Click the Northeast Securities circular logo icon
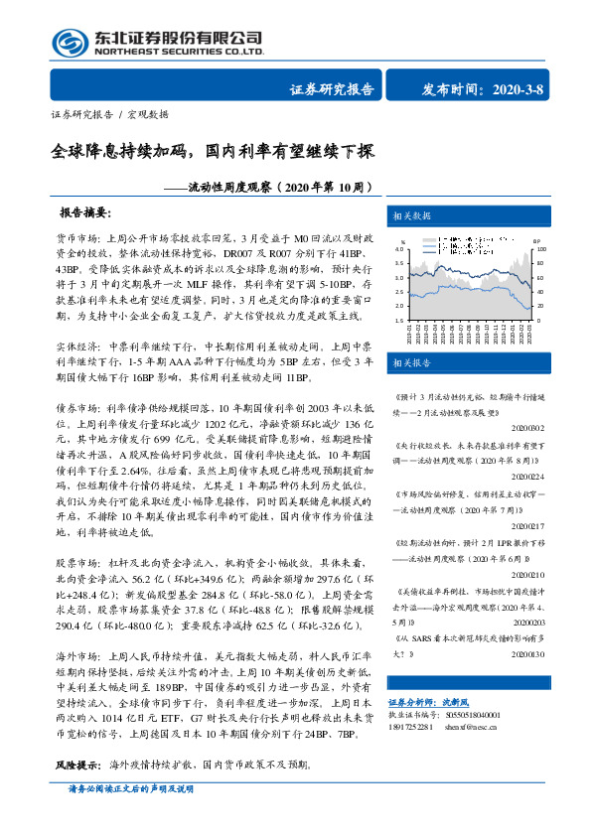pyautogui.click(x=68, y=42)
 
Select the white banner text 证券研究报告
pyautogui.click(x=331, y=88)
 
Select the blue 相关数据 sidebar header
pyautogui.click(x=410, y=216)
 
